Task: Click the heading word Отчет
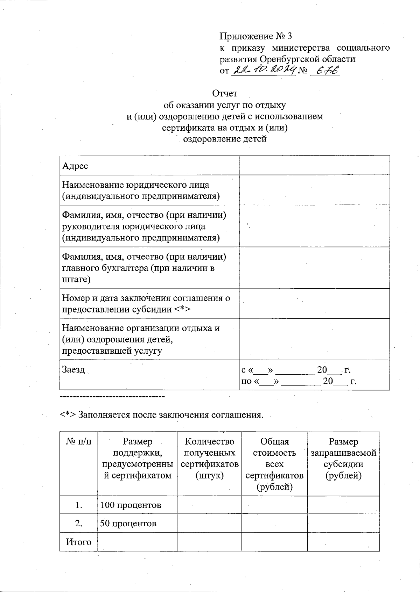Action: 225,93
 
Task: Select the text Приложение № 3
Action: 255,36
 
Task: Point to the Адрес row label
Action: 75,166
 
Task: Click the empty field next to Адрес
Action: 314,165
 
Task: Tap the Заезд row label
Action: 73,369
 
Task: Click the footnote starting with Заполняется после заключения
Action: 161,415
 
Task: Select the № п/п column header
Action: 79,442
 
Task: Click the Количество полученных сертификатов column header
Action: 209,458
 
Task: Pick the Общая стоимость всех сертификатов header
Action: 274,464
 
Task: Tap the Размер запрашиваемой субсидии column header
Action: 343,458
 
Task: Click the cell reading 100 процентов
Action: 131,505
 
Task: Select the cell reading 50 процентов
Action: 128,523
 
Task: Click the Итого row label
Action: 79,542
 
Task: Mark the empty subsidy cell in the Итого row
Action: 343,542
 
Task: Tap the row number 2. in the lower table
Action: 79,523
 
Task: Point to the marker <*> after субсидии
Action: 182,309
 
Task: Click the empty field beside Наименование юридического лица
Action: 314,190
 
